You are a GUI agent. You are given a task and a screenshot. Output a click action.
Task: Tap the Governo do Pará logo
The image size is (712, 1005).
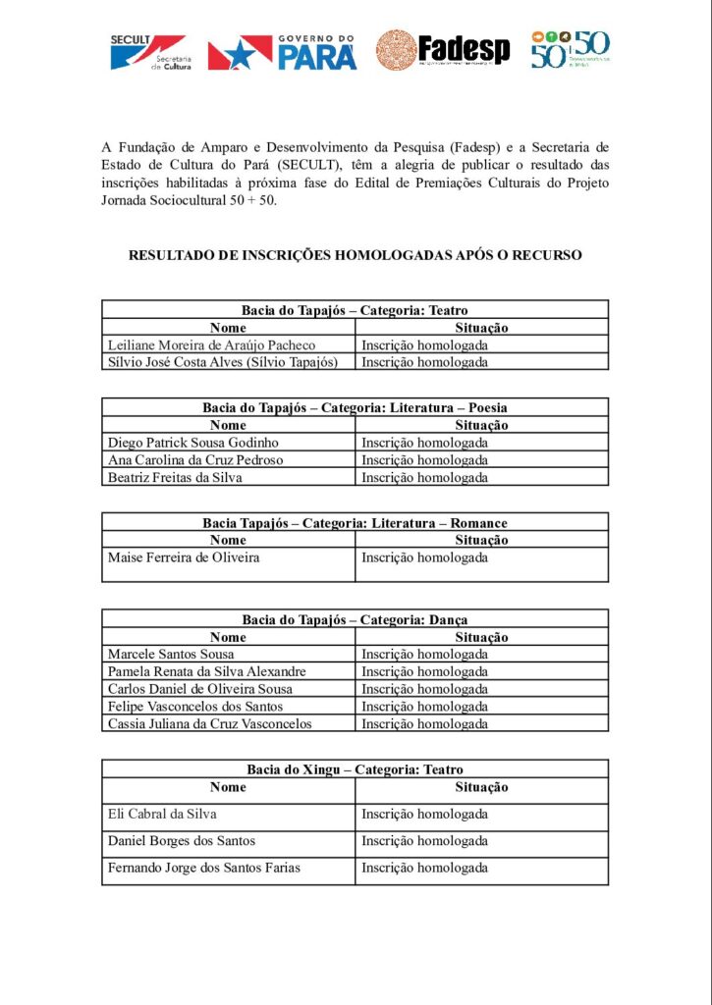point(282,52)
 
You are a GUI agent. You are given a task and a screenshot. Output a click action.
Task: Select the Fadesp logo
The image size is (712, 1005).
point(443,50)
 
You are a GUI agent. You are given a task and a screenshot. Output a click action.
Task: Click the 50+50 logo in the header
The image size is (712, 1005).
point(571,50)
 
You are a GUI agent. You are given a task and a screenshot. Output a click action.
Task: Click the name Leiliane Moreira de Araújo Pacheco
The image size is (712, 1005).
point(211,345)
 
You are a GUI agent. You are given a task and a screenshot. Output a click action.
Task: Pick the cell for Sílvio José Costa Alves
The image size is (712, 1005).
point(222,362)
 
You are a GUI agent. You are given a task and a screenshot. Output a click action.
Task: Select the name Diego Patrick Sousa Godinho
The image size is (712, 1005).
point(193,443)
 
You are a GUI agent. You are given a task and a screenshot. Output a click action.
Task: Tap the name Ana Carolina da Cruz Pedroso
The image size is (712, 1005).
point(195,460)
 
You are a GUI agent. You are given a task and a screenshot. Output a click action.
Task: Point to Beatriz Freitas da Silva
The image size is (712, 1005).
point(175,478)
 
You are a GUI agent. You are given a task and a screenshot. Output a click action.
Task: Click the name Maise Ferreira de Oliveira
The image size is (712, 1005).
point(184,558)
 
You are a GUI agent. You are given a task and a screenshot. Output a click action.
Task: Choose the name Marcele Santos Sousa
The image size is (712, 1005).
point(171,654)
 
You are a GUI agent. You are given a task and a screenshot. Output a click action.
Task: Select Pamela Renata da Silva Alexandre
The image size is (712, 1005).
point(206,671)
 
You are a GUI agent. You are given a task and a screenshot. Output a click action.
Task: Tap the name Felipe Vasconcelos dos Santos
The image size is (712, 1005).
point(195,707)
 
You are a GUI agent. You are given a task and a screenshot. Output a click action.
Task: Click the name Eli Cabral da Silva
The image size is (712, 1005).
point(162,814)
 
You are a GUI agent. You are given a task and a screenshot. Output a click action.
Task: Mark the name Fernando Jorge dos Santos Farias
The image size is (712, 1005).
point(204,868)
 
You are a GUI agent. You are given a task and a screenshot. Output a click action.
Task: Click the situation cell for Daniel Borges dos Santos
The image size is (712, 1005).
point(424,841)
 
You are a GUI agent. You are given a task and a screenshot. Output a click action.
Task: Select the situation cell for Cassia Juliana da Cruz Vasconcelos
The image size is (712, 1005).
point(424,724)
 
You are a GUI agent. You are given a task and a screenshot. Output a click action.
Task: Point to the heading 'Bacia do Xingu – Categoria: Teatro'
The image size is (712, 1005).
point(355,769)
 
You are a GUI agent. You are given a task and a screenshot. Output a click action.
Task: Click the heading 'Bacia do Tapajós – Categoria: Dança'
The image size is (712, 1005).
point(355,619)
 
